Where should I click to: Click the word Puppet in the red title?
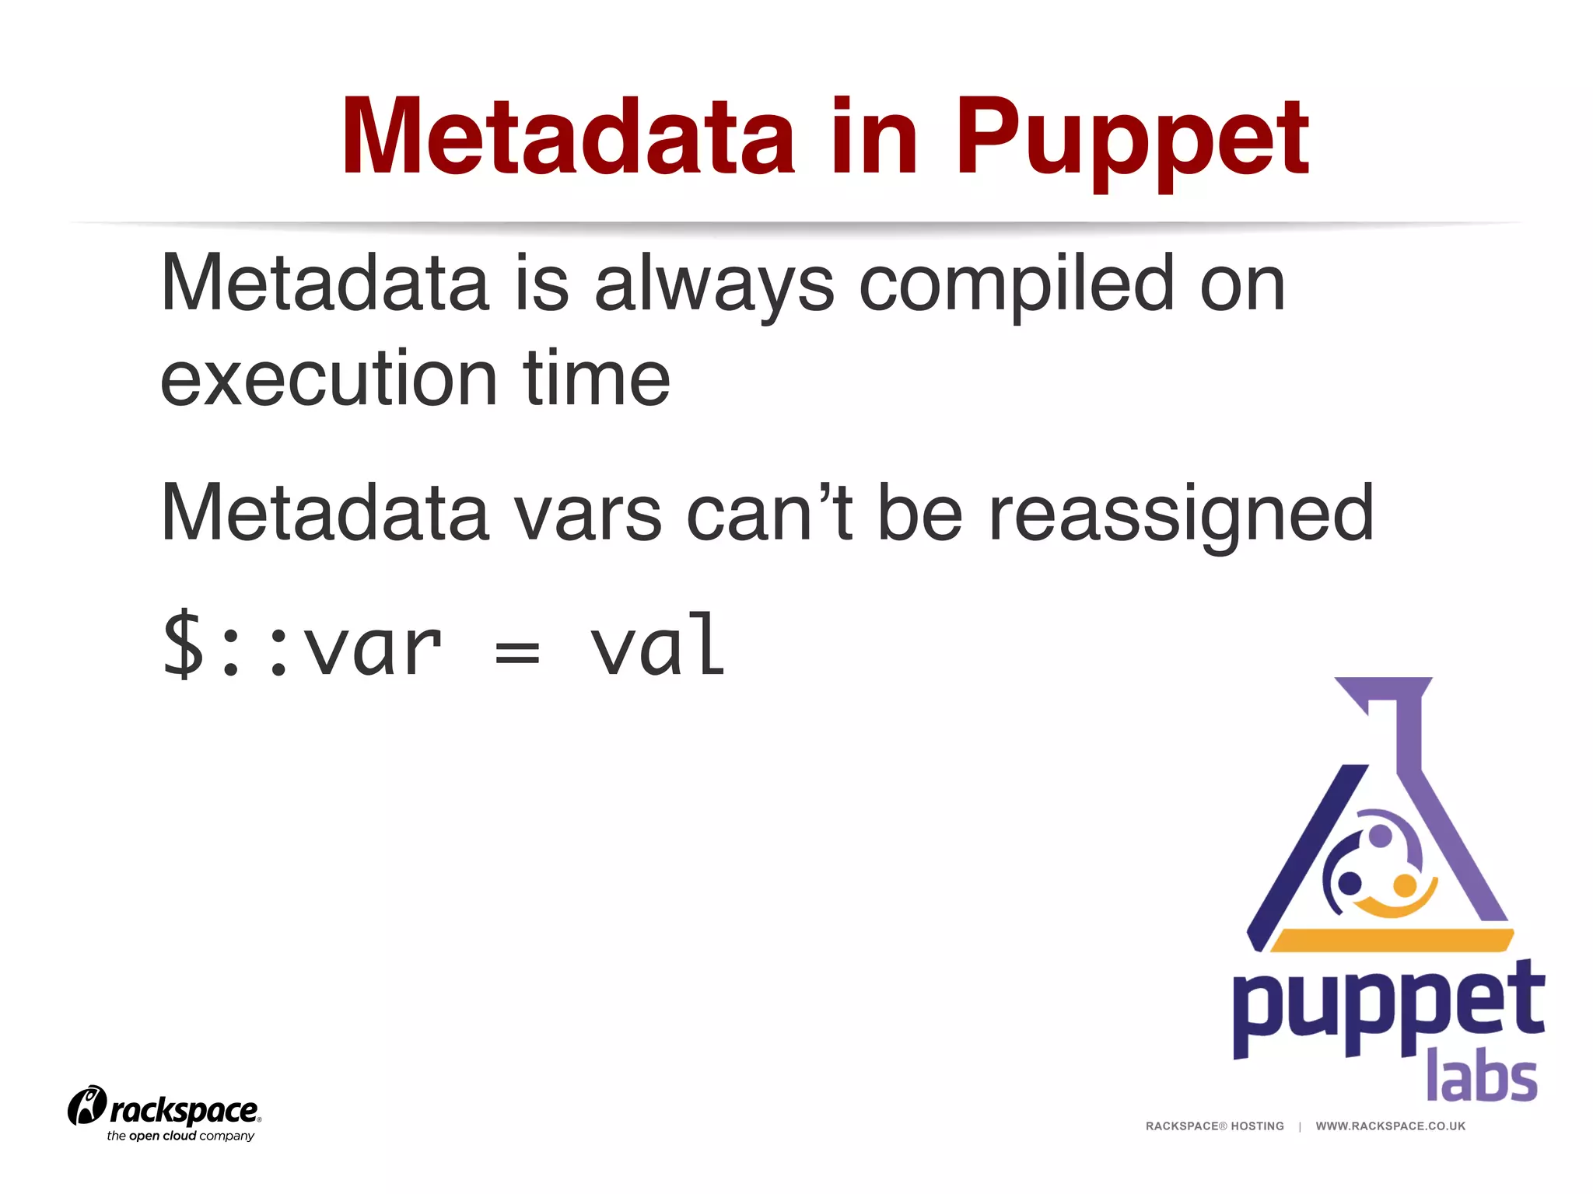click(1132, 140)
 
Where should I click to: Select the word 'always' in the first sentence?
click(714, 286)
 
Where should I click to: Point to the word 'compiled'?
click(1016, 286)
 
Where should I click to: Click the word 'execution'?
click(328, 379)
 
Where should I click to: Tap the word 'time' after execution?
click(596, 379)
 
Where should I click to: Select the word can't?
click(769, 513)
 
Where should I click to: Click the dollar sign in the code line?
click(183, 645)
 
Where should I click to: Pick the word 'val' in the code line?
click(658, 645)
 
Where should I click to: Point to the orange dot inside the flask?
click(1404, 885)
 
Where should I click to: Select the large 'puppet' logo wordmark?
click(1388, 1007)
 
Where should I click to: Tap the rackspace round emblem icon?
click(86, 1105)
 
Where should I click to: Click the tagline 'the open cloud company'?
click(180, 1136)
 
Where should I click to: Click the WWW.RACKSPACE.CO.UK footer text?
click(1390, 1126)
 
